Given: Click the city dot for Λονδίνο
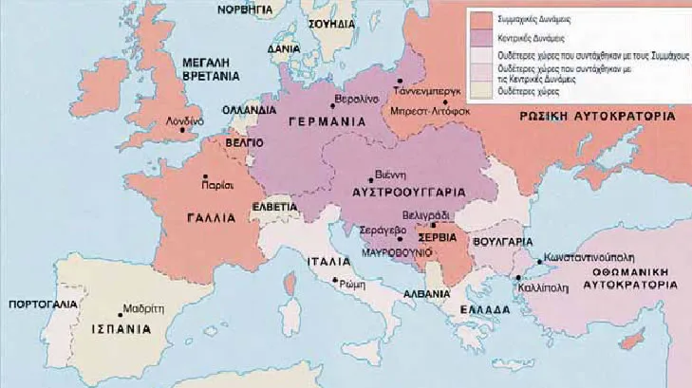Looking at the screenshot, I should pos(185,131).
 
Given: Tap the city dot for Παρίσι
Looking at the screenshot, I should pos(205,177).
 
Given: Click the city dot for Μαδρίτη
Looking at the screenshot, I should pos(122,309).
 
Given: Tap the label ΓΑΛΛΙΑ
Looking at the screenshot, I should pos(204,217).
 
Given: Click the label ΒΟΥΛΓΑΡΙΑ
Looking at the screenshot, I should pos(501,242).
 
